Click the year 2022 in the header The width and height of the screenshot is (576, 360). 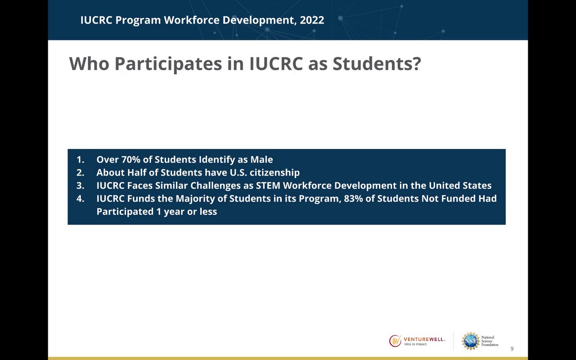[312, 20]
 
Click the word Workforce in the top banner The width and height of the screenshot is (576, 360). [192, 20]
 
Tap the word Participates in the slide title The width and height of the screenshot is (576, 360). [168, 64]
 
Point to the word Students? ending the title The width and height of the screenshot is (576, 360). [377, 63]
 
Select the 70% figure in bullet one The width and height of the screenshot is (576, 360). [130, 159]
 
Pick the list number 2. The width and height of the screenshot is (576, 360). [80, 172]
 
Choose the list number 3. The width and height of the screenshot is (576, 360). [80, 186]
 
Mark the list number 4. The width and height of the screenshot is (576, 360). [80, 199]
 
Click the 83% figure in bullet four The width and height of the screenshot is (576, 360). [353, 198]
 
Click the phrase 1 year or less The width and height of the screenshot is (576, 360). [187, 211]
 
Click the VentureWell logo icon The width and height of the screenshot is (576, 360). [395, 341]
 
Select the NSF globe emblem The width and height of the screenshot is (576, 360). [471, 341]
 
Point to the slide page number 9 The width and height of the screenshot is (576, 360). [512, 349]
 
